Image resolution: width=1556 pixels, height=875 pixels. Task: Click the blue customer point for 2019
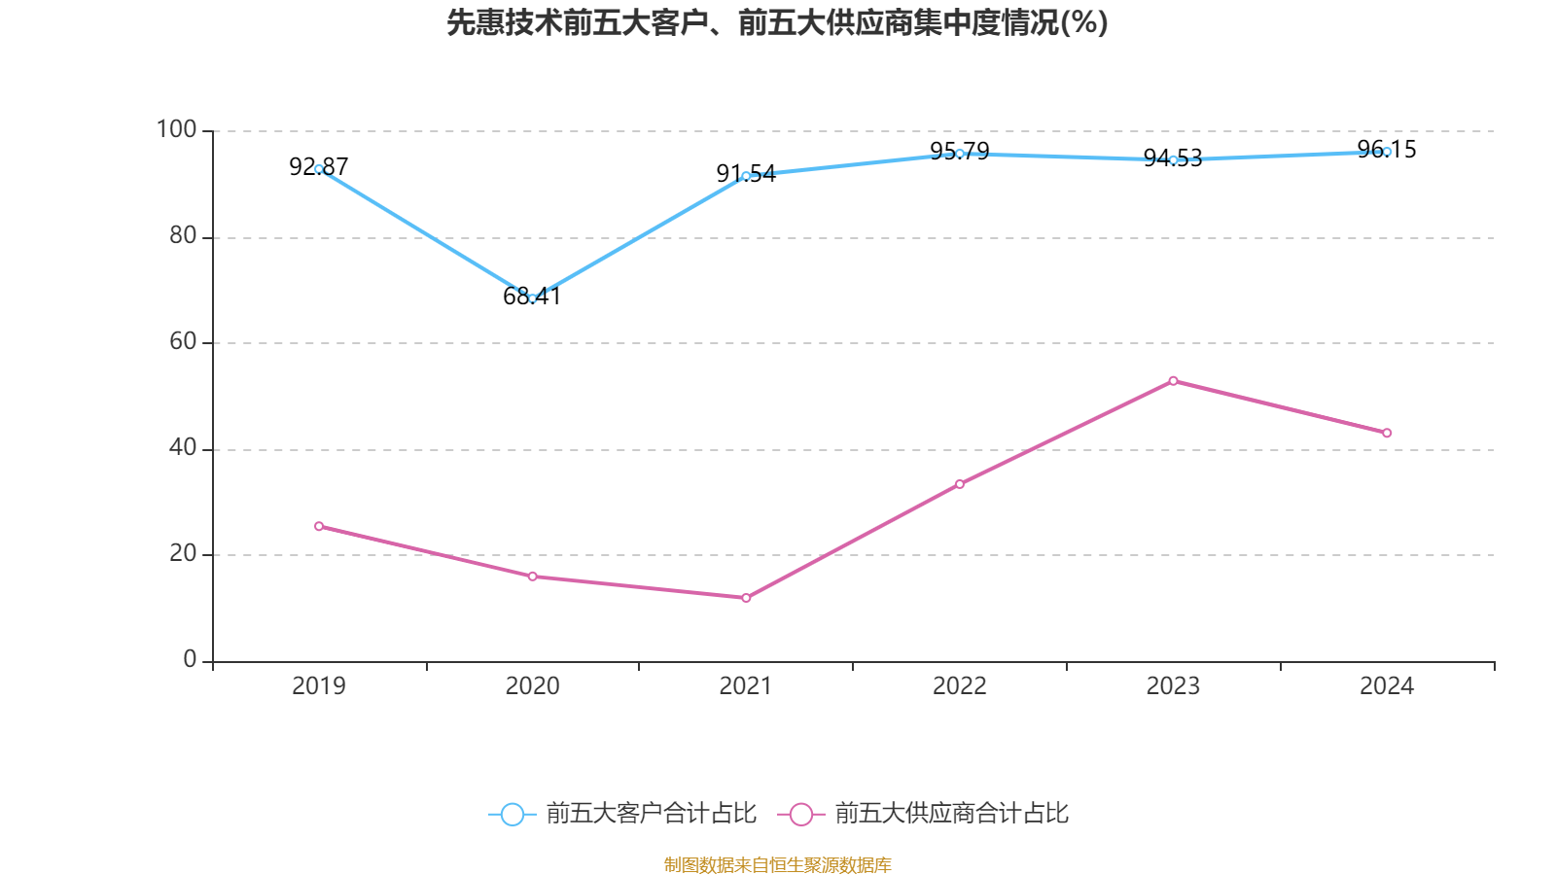319,169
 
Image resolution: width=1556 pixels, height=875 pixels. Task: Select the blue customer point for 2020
532,298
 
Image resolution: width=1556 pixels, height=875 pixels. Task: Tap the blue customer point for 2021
746,177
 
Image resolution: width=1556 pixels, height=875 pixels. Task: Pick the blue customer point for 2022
960,154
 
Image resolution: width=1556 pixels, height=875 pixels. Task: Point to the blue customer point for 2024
1387,152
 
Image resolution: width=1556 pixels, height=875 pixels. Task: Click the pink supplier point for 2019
319,526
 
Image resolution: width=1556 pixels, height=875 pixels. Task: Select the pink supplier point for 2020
532,577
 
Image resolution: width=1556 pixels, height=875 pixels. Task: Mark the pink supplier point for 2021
746,598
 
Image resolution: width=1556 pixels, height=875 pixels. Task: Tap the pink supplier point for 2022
960,484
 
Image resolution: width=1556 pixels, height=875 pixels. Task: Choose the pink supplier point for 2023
1173,381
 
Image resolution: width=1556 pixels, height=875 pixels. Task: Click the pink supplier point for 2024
1387,433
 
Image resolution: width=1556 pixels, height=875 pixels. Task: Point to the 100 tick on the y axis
176,129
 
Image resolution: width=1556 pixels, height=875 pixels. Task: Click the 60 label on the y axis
183,341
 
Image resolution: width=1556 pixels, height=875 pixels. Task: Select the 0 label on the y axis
190,660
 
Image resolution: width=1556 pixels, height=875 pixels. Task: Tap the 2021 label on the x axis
746,686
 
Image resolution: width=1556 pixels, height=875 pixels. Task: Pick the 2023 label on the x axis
1173,686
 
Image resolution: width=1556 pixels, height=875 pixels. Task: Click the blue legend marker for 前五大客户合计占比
512,814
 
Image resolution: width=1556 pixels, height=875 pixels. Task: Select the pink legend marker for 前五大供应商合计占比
800,814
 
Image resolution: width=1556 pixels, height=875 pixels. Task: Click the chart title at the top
777,22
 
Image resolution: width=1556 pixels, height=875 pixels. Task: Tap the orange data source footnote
777,864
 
